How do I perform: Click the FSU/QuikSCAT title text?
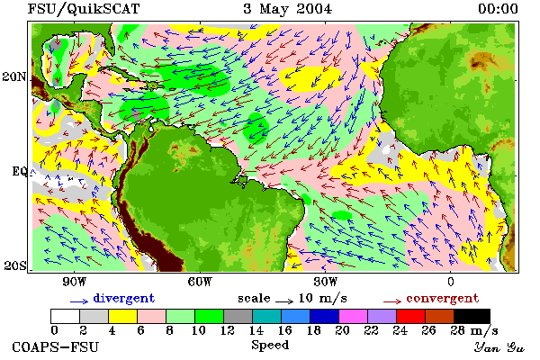click(x=84, y=9)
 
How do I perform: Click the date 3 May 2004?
click(x=288, y=9)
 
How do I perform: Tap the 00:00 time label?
click(x=498, y=9)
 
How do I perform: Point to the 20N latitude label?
click(x=14, y=76)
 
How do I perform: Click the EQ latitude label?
click(x=20, y=171)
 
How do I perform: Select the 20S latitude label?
click(x=15, y=265)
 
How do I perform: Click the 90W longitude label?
click(x=74, y=282)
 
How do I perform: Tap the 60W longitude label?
click(x=200, y=282)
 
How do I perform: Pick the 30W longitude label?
click(x=326, y=282)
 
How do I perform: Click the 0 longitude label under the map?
click(x=451, y=282)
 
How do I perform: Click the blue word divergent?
click(x=124, y=298)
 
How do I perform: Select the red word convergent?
click(x=443, y=298)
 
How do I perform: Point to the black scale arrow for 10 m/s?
click(x=284, y=301)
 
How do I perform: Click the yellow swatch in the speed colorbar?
click(x=123, y=316)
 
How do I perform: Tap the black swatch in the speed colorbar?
click(x=472, y=316)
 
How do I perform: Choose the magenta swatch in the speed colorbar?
click(x=354, y=316)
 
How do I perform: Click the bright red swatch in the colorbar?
click(x=410, y=316)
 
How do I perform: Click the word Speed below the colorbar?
click(x=270, y=346)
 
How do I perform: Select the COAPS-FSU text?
click(x=56, y=346)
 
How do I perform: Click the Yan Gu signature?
click(x=499, y=347)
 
